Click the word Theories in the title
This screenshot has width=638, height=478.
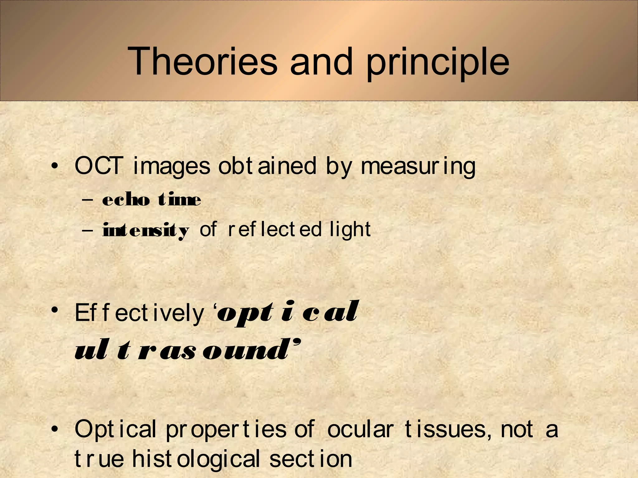pyautogui.click(x=202, y=61)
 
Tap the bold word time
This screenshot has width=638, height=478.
pyautogui.click(x=179, y=199)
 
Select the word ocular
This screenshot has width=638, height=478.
pyautogui.click(x=361, y=429)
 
